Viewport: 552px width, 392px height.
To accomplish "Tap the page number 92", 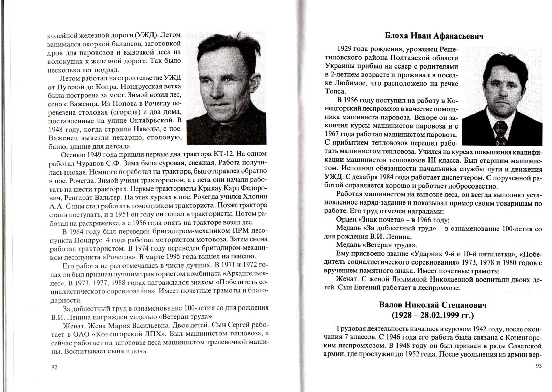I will (54, 367).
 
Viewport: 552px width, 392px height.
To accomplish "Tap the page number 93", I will (538, 366).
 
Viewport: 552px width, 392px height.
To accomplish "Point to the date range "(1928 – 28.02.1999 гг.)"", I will (433, 315).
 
